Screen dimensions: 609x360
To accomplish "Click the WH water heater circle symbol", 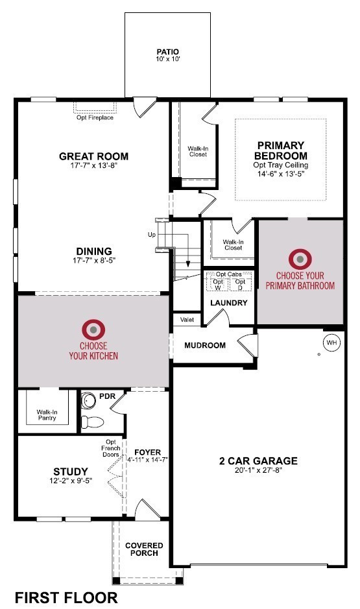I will [x=331, y=342].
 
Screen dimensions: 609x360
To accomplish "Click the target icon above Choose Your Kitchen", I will [x=93, y=330].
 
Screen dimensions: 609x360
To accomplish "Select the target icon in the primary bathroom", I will [x=300, y=259].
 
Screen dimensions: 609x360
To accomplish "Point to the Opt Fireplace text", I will [x=94, y=117].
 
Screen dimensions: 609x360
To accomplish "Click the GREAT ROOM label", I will [x=93, y=156].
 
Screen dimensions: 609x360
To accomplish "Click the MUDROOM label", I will [x=205, y=346].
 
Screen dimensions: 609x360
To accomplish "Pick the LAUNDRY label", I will [x=228, y=303].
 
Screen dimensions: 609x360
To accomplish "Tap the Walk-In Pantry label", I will [x=46, y=414].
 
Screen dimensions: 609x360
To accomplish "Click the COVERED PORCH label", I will [x=144, y=550].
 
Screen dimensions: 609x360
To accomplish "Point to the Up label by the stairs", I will [x=152, y=234].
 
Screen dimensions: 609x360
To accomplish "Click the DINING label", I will [x=93, y=252].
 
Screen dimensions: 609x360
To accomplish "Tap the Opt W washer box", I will [x=218, y=285].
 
